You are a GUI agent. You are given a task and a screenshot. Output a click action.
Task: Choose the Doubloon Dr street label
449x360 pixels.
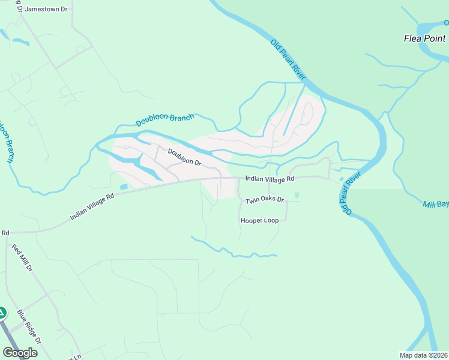184,158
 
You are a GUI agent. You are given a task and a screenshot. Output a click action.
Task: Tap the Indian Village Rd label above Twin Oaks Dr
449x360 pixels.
270,179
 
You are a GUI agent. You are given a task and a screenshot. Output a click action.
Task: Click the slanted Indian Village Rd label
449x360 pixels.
92,206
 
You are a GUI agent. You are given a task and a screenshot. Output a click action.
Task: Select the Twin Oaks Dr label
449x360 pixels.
264,199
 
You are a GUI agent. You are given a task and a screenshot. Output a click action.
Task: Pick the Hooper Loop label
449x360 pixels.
259,221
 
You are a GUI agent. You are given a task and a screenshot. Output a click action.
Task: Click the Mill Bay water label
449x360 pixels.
436,205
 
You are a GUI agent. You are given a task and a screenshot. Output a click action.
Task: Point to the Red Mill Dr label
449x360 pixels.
21,258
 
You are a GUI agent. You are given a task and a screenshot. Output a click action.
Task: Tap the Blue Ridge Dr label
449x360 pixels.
29,326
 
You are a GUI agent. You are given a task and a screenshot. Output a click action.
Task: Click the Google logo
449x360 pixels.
20,353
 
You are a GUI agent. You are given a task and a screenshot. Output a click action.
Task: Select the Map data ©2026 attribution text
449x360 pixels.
423,355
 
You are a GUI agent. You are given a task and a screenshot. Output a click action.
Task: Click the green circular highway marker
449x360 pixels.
2,313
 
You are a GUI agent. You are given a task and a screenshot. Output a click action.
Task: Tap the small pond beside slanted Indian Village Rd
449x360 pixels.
124,187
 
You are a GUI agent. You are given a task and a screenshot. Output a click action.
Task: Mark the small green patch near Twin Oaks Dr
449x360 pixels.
297,195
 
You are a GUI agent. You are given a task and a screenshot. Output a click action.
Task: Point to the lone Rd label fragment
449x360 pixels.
5,232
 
